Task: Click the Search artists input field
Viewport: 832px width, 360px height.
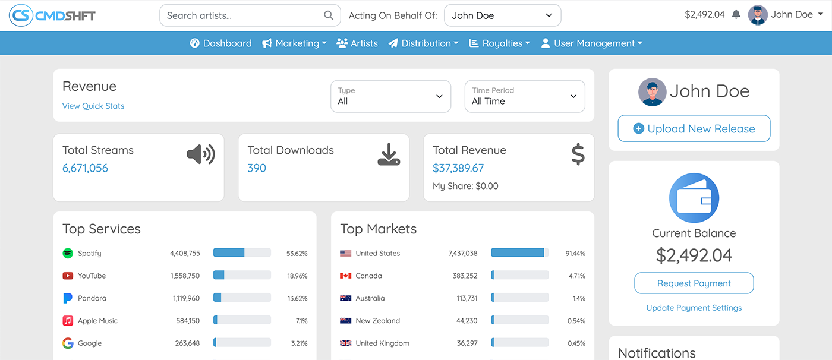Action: click(x=244, y=15)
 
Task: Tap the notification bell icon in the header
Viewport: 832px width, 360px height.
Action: click(x=736, y=14)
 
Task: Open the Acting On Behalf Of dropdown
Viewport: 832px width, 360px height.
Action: click(x=502, y=15)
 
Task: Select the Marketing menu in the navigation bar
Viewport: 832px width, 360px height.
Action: click(x=295, y=43)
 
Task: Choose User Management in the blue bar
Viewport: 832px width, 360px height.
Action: click(x=591, y=43)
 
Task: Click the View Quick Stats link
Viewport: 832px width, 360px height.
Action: click(x=93, y=106)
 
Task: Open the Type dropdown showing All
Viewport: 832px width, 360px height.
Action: click(x=390, y=96)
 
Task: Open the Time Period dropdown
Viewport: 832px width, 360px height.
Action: click(x=525, y=96)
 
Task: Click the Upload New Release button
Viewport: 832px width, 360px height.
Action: click(x=694, y=128)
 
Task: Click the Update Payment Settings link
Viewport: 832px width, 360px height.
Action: click(x=694, y=308)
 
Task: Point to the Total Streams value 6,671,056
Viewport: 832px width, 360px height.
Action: click(x=86, y=168)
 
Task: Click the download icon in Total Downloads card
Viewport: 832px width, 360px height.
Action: click(x=389, y=155)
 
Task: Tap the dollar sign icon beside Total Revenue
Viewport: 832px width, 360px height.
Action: click(x=578, y=154)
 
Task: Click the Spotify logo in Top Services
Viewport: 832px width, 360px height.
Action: click(x=68, y=253)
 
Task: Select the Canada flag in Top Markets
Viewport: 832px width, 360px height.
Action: click(x=346, y=276)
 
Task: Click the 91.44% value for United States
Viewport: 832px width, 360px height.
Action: click(x=575, y=253)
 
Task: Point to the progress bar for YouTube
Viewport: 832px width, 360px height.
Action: click(x=242, y=276)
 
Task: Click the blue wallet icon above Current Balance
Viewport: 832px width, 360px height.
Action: click(x=694, y=198)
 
